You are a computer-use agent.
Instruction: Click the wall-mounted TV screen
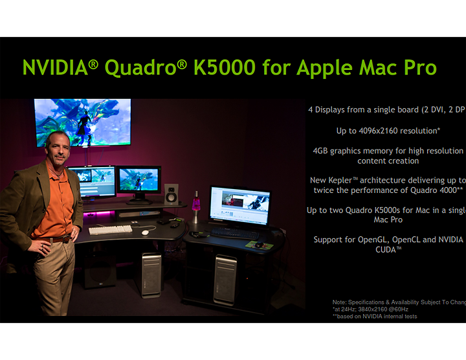[x=82, y=122]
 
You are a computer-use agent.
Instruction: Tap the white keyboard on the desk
[x=110, y=229]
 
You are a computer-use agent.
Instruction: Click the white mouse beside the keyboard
[x=145, y=232]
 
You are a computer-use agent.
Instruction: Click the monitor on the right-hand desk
[x=239, y=206]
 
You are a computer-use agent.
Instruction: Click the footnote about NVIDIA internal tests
[x=375, y=317]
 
